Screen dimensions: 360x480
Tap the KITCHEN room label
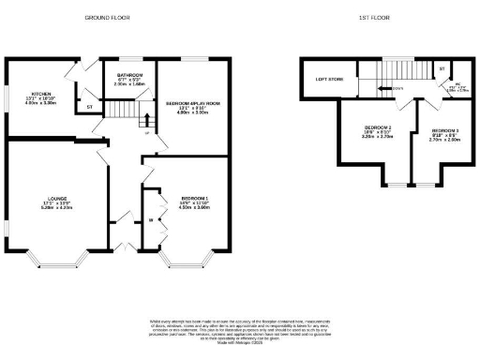(x=39, y=94)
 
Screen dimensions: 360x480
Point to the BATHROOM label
(x=129, y=73)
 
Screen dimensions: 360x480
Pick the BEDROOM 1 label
(x=194, y=198)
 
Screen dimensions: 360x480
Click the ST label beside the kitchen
(x=89, y=108)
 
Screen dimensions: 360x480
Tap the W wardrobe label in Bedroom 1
(x=150, y=221)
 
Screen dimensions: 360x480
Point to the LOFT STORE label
(x=329, y=79)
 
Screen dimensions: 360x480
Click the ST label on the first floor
(x=442, y=67)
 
